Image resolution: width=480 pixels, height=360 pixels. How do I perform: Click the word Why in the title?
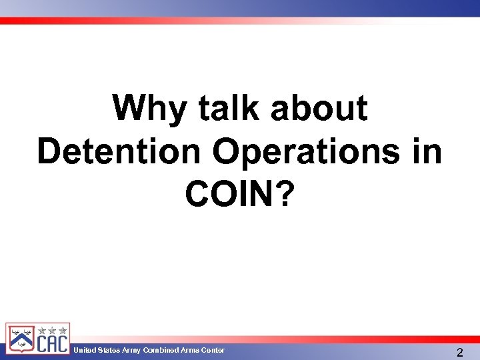click(151, 108)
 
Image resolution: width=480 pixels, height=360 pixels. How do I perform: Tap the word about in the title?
click(319, 108)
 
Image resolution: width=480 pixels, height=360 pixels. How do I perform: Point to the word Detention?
click(119, 151)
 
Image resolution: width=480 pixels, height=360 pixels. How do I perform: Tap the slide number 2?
click(460, 352)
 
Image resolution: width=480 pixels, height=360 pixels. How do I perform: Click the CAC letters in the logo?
click(52, 344)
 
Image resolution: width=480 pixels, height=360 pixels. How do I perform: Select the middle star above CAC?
click(52, 330)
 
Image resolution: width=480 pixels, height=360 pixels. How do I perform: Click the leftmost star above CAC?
click(42, 330)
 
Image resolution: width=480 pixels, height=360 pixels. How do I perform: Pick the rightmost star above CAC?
click(62, 330)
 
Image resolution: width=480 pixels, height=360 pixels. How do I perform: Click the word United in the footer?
click(84, 351)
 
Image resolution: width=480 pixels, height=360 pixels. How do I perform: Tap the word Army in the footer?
click(131, 351)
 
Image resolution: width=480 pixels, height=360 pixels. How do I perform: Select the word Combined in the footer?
click(161, 351)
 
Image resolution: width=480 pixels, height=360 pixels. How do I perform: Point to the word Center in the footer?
click(213, 351)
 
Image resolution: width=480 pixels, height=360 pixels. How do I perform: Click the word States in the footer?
click(108, 351)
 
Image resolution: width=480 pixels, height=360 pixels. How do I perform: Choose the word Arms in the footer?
click(190, 351)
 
